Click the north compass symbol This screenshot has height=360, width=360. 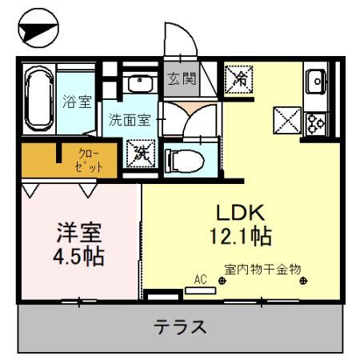tap(38, 30)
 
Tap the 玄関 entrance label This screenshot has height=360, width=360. tap(181, 78)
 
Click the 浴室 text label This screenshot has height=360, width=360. tap(77, 101)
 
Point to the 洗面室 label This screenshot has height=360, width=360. tap(130, 120)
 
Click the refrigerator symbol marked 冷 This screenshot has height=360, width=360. tap(238, 78)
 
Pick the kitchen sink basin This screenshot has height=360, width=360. tap(314, 80)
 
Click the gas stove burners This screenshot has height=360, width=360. tap(315, 122)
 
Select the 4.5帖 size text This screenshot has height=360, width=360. tap(79, 258)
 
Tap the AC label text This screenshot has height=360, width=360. tap(200, 279)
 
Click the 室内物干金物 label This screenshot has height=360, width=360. tap(262, 270)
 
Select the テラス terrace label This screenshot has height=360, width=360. tap(181, 326)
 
